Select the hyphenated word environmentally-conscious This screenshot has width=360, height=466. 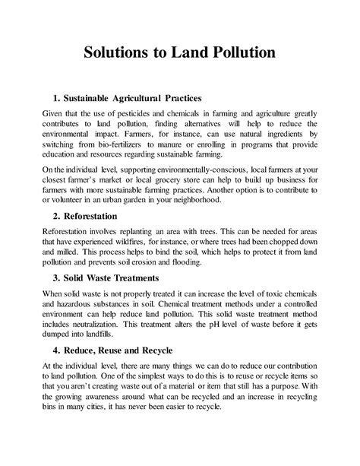point(215,170)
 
